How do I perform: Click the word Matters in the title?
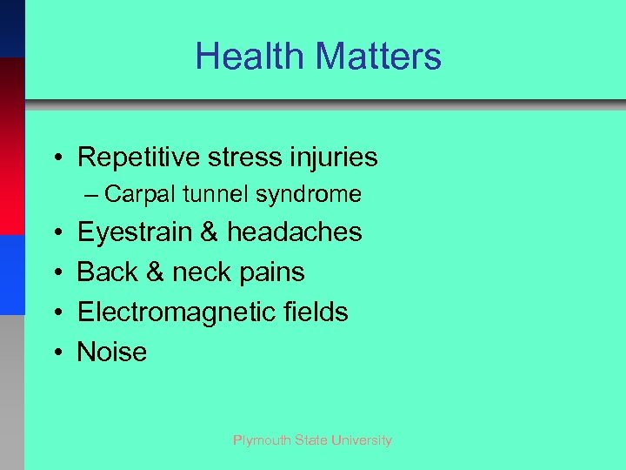click(378, 57)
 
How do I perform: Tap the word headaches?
click(295, 232)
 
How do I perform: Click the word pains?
click(270, 272)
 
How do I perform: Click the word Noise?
click(112, 352)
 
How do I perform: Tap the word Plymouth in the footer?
click(264, 440)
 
